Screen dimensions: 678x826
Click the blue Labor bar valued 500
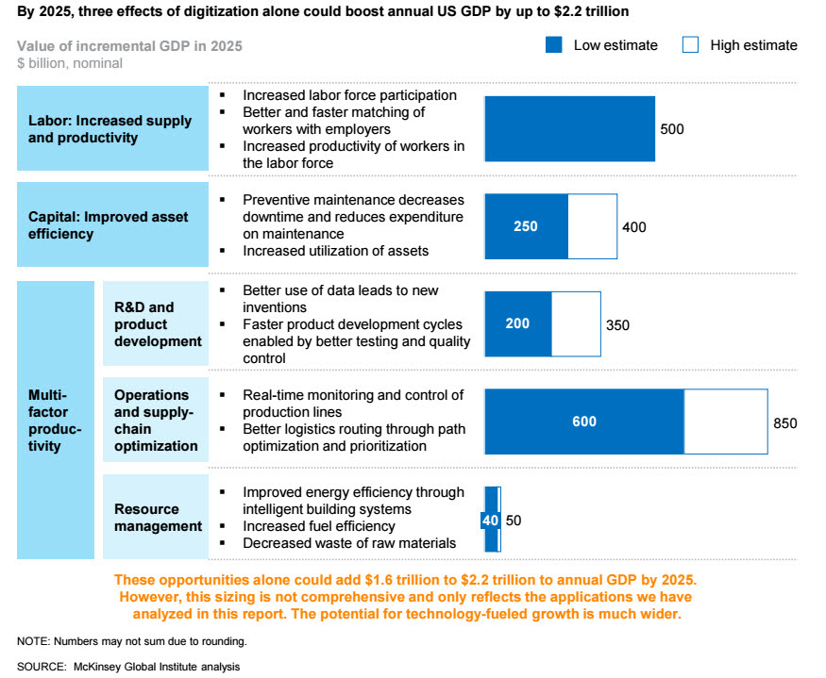pyautogui.click(x=569, y=128)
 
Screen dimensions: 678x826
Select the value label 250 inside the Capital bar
pyautogui.click(x=525, y=226)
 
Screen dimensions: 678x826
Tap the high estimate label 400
pyautogui.click(x=634, y=227)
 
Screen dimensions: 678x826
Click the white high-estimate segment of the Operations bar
pyautogui.click(x=725, y=422)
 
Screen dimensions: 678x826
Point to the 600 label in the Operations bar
pyautogui.click(x=584, y=422)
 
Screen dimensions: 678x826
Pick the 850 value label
pyautogui.click(x=785, y=423)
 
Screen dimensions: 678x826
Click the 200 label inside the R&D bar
pyautogui.click(x=517, y=323)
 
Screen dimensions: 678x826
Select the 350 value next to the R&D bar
pyautogui.click(x=617, y=325)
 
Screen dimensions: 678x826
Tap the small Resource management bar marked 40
pyautogui.click(x=490, y=520)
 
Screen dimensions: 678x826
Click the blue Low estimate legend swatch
pyautogui.click(x=555, y=44)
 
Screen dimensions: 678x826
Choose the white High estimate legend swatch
pyautogui.click(x=691, y=44)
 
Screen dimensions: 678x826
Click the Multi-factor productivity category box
pyautogui.click(x=56, y=420)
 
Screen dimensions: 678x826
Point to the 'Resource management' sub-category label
pyautogui.click(x=158, y=518)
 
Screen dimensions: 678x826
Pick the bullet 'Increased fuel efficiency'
pyautogui.click(x=319, y=526)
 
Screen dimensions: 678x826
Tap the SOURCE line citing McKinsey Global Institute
pyautogui.click(x=128, y=667)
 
